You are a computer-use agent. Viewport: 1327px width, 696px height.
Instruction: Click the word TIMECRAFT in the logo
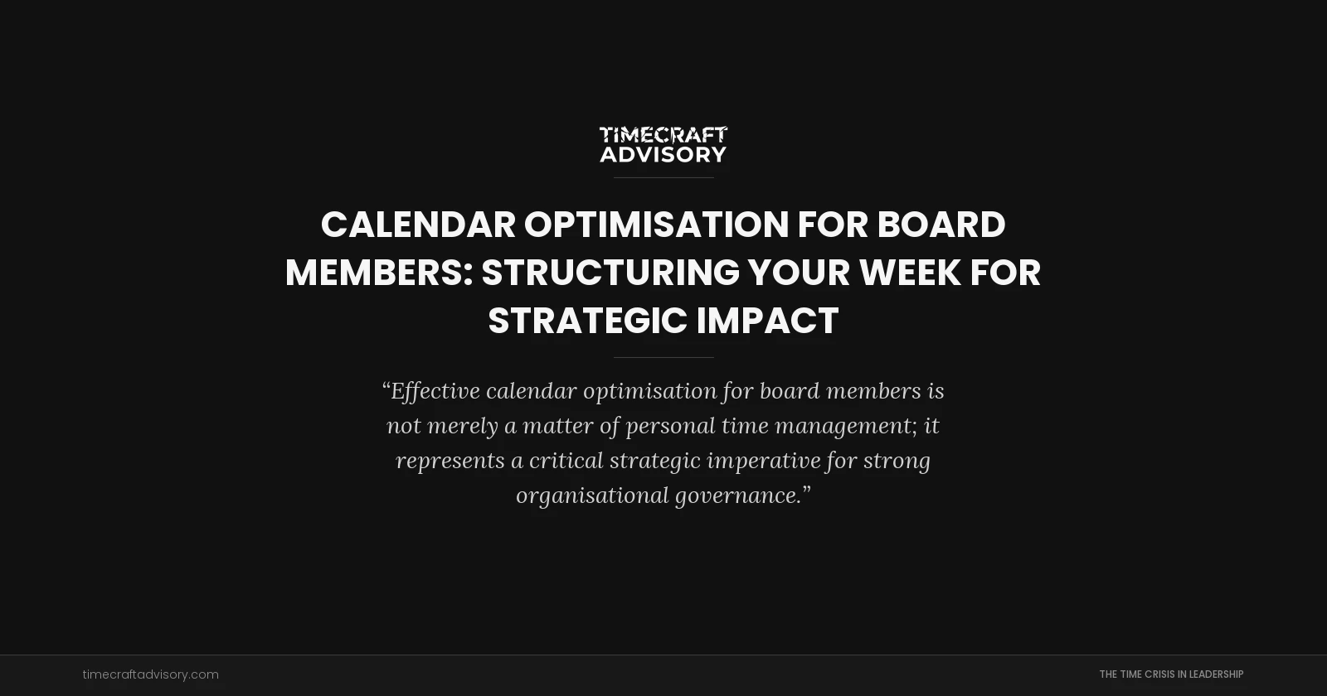pos(663,135)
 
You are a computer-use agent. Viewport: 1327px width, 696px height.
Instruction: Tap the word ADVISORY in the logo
pos(663,155)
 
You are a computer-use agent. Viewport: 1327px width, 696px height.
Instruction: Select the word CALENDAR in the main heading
pos(418,225)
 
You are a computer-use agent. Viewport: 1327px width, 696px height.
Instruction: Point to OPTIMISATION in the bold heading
pos(656,225)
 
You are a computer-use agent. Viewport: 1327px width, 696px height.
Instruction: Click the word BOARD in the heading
pos(941,225)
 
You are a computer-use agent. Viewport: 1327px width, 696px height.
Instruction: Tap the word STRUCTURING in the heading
pos(610,273)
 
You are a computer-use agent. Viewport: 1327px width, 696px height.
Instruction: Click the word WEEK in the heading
pos(909,273)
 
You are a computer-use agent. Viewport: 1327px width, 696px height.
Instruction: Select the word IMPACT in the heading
pos(767,321)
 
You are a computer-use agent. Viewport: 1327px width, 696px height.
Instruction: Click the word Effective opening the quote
pos(435,390)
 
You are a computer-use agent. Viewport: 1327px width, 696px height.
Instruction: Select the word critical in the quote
pos(566,460)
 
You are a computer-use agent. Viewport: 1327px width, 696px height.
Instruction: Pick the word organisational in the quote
pos(592,495)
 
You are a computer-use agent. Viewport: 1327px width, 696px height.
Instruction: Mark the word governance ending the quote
pos(738,495)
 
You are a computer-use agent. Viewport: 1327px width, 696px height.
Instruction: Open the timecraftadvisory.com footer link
pos(151,674)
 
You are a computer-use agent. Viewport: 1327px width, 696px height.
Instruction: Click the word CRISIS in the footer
pos(1159,674)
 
